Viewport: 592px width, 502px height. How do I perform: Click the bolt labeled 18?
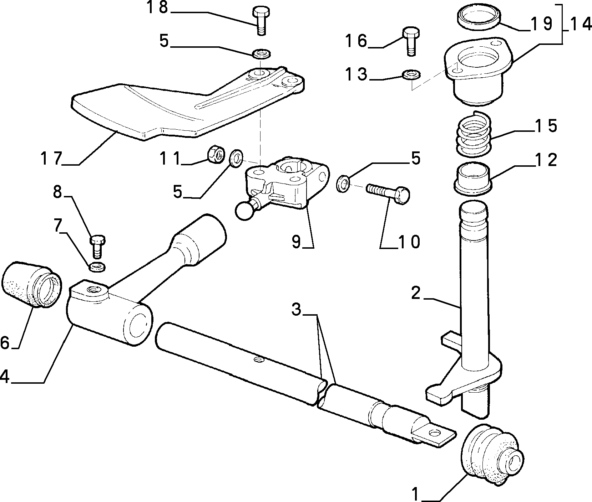click(x=260, y=20)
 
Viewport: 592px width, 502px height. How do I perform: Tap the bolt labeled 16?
click(x=411, y=41)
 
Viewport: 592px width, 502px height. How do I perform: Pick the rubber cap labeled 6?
click(x=32, y=285)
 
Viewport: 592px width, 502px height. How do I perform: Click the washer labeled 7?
click(x=96, y=266)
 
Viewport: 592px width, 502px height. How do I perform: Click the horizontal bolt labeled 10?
click(x=388, y=194)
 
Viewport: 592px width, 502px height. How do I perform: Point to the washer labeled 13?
click(x=411, y=75)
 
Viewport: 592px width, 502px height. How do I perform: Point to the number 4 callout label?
click(x=5, y=376)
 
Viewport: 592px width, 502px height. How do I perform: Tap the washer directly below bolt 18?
click(x=261, y=54)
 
